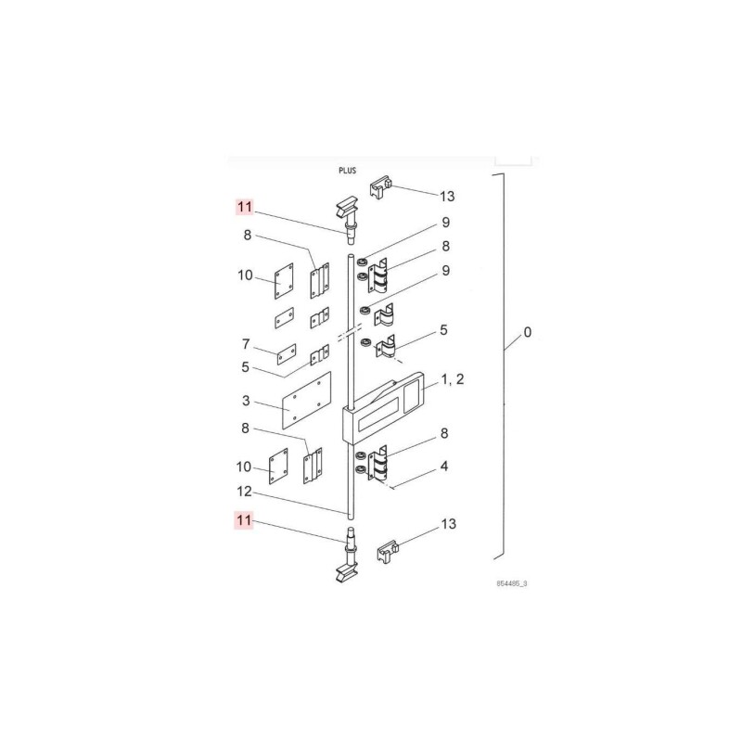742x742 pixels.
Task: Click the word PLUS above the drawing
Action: tap(348, 172)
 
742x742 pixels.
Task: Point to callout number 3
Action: tap(247, 401)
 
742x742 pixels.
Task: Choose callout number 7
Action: tap(247, 343)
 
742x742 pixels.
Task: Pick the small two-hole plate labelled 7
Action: tap(285, 353)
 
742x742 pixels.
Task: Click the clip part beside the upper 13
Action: tap(382, 190)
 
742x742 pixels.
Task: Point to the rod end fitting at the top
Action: tap(351, 218)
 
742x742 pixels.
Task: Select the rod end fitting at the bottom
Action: tap(352, 556)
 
